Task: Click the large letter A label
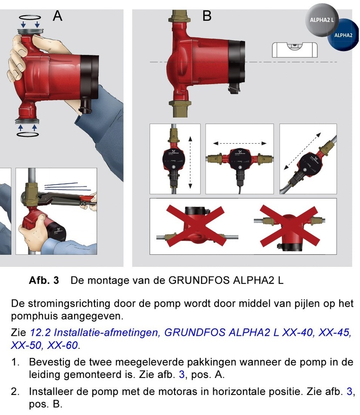click(57, 16)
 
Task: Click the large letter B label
click(207, 16)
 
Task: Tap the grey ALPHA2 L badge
click(322, 20)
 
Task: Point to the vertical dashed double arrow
click(190, 162)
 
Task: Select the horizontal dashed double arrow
click(240, 143)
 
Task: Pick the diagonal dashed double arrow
click(303, 151)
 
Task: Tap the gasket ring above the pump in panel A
click(30, 17)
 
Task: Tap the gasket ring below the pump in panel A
click(27, 134)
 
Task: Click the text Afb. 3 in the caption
click(44, 280)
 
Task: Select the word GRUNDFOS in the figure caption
click(199, 280)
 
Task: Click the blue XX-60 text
click(62, 345)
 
